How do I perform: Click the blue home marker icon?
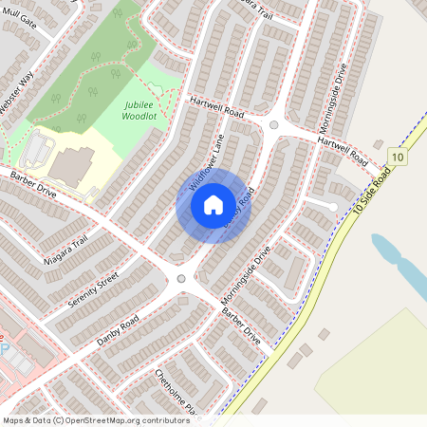pyautogui.click(x=213, y=204)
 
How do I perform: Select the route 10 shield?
pyautogui.click(x=397, y=157)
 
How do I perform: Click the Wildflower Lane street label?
pyautogui.click(x=205, y=162)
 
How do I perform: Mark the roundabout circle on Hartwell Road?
pyautogui.click(x=274, y=124)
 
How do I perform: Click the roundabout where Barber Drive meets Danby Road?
pyautogui.click(x=181, y=278)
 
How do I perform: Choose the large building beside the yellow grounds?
pyautogui.click(x=72, y=165)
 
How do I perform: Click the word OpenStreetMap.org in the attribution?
pyautogui.click(x=107, y=420)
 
